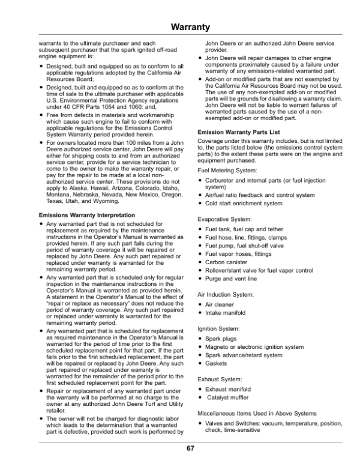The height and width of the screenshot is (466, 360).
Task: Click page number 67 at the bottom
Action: click(x=190, y=448)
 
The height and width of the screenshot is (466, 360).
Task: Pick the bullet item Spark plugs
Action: click(x=223, y=339)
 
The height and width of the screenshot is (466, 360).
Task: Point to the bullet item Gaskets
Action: click(x=218, y=364)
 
